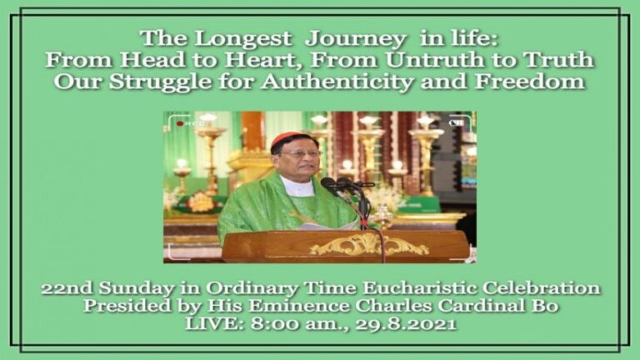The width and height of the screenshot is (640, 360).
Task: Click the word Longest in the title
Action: [x=242, y=40]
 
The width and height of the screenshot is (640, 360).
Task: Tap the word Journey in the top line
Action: [x=356, y=40]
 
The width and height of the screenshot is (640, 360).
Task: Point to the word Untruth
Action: [x=436, y=60]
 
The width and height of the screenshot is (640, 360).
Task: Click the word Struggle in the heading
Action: [x=160, y=82]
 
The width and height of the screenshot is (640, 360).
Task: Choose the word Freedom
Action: [x=530, y=81]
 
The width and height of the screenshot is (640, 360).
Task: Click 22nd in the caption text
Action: [x=67, y=288]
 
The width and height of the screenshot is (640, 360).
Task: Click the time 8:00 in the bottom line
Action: [x=273, y=324]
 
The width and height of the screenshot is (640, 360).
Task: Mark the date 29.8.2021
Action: [x=405, y=324]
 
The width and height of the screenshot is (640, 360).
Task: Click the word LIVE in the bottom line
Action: [x=215, y=324]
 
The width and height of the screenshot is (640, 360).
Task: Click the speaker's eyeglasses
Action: [x=302, y=154]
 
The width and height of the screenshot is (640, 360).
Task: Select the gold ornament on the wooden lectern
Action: [x=368, y=245]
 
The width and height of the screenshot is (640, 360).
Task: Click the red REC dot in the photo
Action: [x=180, y=123]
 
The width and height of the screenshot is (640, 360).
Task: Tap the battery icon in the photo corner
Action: [x=456, y=122]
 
